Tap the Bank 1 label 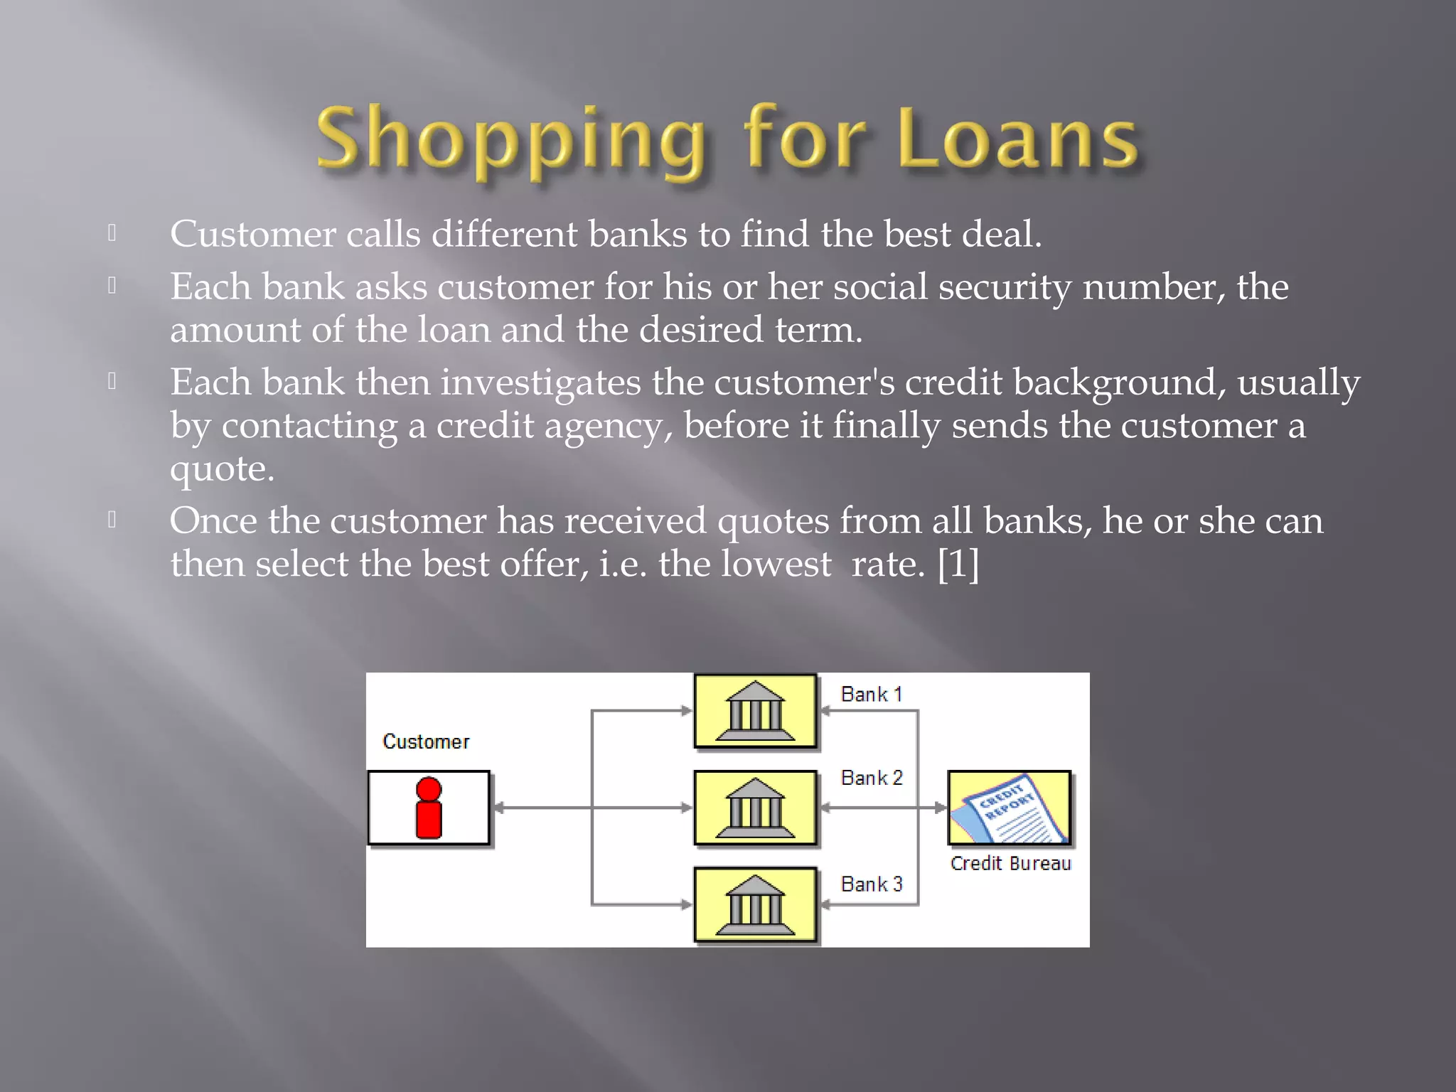[871, 694]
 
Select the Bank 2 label [871, 778]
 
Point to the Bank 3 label [871, 884]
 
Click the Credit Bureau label [1010, 863]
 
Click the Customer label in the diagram [426, 742]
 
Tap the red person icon [429, 808]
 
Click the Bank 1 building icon [755, 711]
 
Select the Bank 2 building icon [755, 808]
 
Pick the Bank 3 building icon [755, 904]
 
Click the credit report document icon [1009, 808]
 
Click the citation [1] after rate [958, 564]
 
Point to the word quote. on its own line [222, 469]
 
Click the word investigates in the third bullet [540, 382]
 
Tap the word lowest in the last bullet [776, 564]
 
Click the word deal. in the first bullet [1001, 234]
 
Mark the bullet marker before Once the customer [112, 520]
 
